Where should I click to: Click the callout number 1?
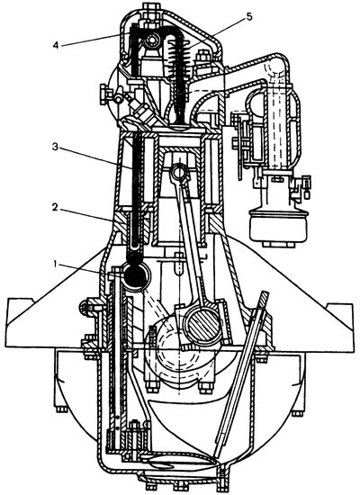[x=56, y=265]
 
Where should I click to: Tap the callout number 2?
[x=55, y=207]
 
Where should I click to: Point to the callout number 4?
[x=56, y=45]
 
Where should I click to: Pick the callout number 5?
[x=249, y=16]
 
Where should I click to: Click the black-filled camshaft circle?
[x=136, y=275]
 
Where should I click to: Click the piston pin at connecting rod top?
[x=179, y=173]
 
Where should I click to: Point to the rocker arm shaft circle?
[x=152, y=40]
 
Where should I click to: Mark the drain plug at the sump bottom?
[x=222, y=473]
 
